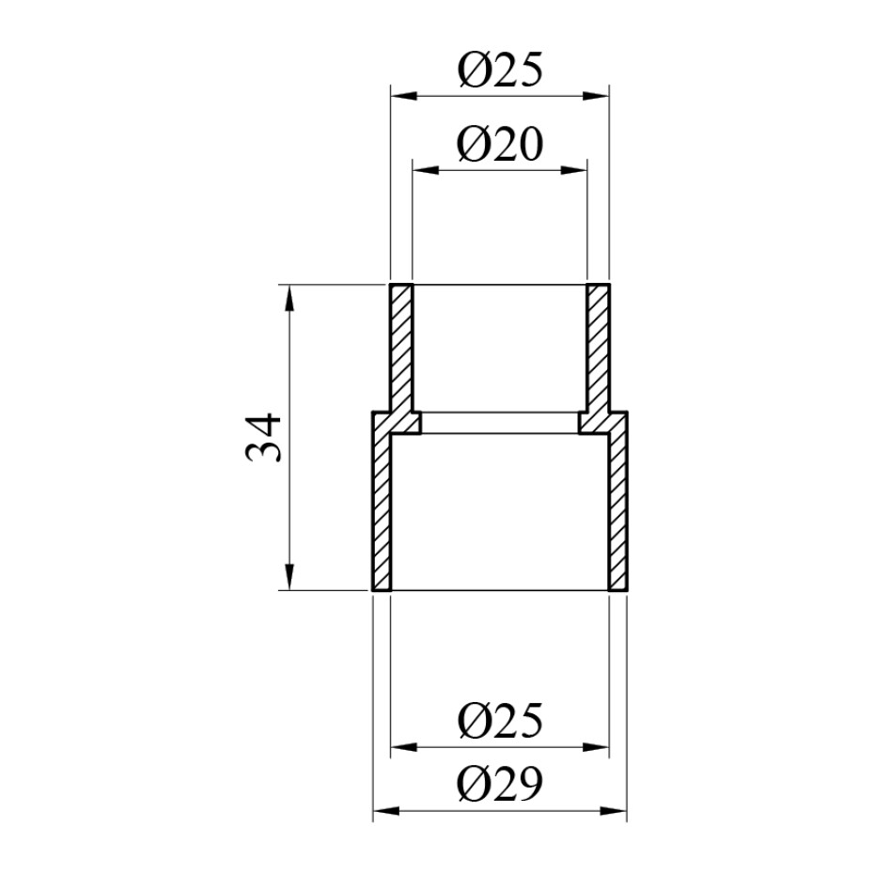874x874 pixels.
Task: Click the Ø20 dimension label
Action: point(499,145)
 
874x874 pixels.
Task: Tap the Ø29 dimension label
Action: point(499,783)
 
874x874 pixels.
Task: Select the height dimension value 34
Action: point(263,438)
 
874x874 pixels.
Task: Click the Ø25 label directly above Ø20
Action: point(499,70)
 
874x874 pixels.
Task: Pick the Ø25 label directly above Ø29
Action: point(499,720)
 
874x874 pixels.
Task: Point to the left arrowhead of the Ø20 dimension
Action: point(426,170)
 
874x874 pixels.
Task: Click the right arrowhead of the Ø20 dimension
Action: point(574,170)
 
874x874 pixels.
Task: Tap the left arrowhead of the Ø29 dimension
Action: point(386,810)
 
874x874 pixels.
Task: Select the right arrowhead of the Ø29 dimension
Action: point(614,810)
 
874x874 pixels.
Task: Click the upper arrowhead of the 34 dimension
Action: point(289,298)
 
